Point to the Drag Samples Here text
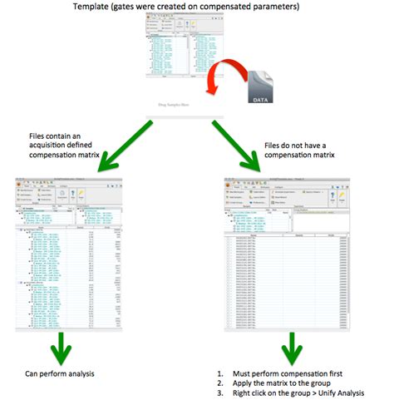190,106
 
